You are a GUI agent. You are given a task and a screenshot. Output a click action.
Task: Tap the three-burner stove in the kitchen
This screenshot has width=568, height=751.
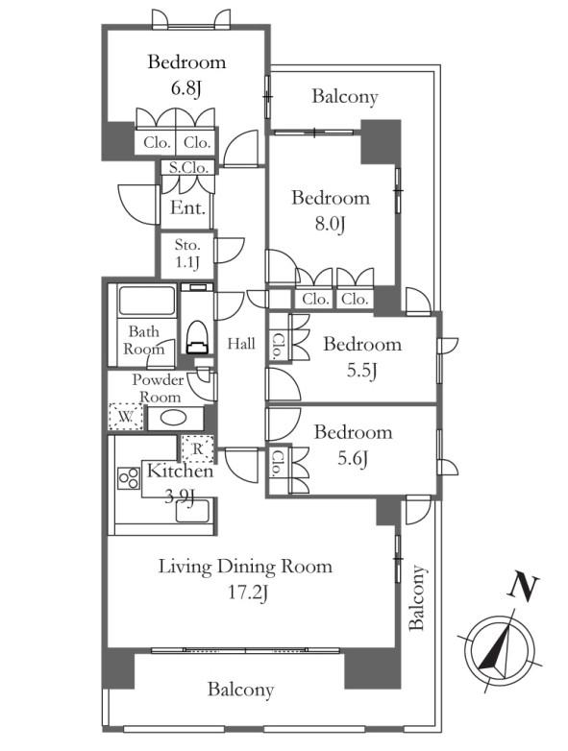(129, 478)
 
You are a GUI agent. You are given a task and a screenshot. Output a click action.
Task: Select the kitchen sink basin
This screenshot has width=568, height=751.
(192, 511)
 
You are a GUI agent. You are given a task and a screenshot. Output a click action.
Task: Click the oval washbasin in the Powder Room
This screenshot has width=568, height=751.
(174, 418)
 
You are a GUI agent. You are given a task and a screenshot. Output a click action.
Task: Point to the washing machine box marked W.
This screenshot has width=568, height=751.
(126, 416)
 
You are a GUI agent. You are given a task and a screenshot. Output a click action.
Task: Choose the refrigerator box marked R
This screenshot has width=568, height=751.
(197, 448)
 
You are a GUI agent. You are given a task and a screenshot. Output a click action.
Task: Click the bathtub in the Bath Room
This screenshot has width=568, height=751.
(147, 301)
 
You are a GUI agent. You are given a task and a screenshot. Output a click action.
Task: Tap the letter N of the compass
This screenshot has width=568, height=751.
(523, 587)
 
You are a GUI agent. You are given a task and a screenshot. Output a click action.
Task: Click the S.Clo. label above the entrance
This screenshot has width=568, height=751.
(188, 168)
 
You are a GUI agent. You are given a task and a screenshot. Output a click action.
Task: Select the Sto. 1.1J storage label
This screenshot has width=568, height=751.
(187, 254)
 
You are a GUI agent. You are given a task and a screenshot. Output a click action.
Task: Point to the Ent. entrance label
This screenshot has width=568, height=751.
(188, 207)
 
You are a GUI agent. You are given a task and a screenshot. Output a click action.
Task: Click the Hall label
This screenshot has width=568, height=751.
(241, 344)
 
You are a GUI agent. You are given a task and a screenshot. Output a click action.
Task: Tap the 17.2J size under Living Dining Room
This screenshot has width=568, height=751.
(247, 594)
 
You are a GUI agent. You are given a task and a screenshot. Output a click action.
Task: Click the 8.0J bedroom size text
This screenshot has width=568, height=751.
(331, 224)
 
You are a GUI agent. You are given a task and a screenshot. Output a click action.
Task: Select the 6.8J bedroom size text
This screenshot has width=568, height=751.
(186, 88)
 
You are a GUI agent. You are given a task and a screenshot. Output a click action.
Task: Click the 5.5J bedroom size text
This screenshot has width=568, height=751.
(362, 371)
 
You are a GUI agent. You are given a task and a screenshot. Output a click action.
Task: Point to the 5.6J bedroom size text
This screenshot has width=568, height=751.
(353, 459)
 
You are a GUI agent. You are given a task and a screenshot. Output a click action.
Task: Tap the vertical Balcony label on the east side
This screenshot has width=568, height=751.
(416, 597)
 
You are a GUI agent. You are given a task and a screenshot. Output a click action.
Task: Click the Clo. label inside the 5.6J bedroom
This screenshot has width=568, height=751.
(277, 463)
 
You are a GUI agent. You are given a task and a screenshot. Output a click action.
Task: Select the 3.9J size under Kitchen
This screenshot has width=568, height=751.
(179, 497)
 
